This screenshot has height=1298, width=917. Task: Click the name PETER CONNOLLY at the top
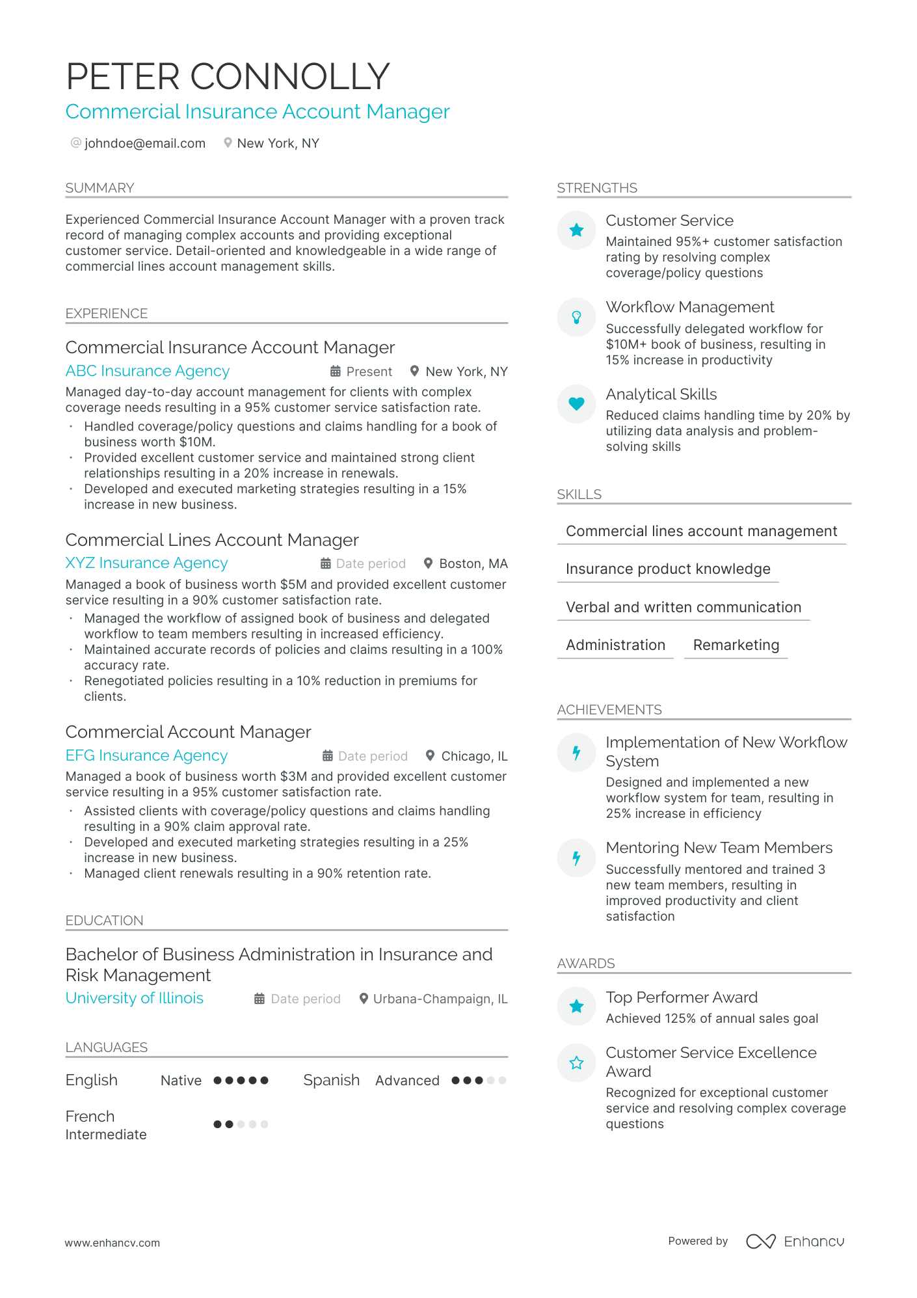click(x=228, y=76)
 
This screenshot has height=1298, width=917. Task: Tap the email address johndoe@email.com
click(x=144, y=143)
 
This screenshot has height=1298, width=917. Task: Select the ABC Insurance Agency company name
click(x=148, y=371)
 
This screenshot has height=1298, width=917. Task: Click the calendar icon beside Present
click(x=336, y=372)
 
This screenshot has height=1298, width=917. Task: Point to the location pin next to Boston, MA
click(x=428, y=563)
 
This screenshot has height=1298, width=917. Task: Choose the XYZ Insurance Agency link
click(x=146, y=563)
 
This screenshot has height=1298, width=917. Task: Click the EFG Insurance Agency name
click(x=146, y=755)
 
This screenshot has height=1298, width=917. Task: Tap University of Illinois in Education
click(x=135, y=998)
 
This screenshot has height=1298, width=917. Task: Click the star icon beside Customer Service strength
click(x=576, y=230)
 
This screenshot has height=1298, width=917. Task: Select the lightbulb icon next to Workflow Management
click(x=576, y=317)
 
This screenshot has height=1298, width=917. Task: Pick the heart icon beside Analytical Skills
click(x=576, y=403)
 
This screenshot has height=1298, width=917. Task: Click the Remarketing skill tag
click(x=736, y=645)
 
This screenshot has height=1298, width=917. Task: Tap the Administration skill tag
click(x=615, y=645)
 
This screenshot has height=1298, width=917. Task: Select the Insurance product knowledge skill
click(x=668, y=569)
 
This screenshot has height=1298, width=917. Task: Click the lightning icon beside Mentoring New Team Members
click(x=576, y=858)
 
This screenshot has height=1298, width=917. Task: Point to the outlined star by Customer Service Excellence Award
click(x=576, y=1063)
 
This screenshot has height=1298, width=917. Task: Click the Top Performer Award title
click(x=682, y=997)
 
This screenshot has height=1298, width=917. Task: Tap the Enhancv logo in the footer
click(x=795, y=1241)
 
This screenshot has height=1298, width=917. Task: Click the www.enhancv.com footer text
click(x=112, y=1243)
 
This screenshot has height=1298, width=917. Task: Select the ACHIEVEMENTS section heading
click(x=609, y=710)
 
